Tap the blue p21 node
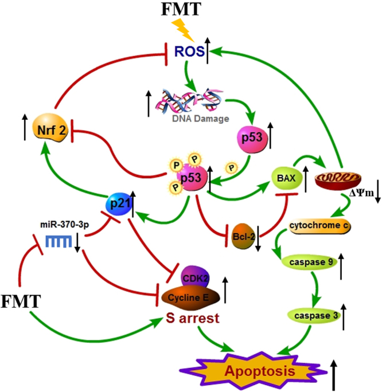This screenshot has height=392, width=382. (x=118, y=204)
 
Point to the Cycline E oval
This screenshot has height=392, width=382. (x=194, y=296)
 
